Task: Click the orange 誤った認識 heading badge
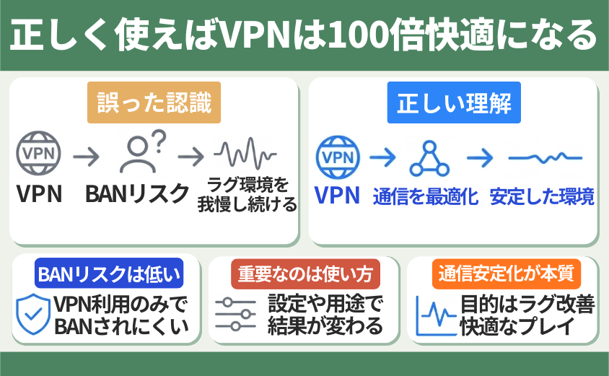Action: [153, 104]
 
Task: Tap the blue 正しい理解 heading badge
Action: [454, 104]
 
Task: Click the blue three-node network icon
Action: [429, 158]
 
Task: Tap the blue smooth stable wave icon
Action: [544, 157]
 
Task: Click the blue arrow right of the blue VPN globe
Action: [382, 157]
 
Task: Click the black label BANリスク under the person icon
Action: [137, 193]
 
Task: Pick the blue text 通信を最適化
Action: [426, 196]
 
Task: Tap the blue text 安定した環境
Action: [542, 196]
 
